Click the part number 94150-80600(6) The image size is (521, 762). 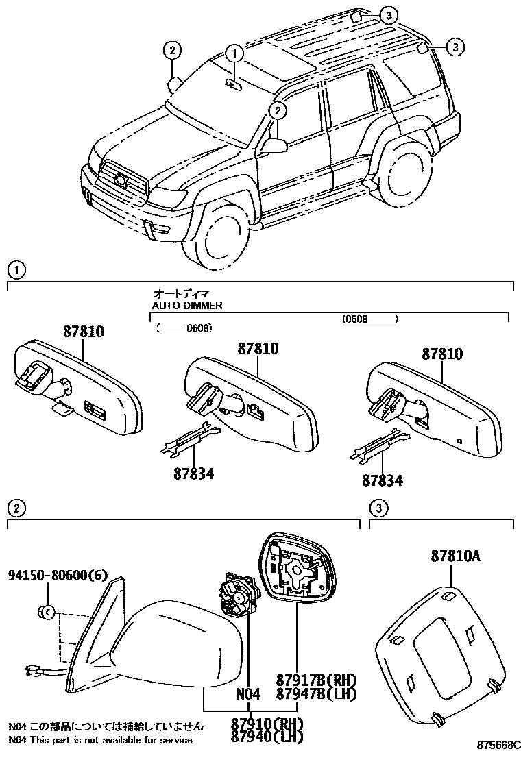(58, 576)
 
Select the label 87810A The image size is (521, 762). (455, 556)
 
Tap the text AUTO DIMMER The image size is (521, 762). (187, 306)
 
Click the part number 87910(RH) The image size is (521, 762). (267, 724)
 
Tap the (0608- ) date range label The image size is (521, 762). (370, 319)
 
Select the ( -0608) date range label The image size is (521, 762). (184, 328)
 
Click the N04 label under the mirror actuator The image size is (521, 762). (248, 694)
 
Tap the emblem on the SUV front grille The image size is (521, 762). (121, 181)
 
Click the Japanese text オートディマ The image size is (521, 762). (180, 294)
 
